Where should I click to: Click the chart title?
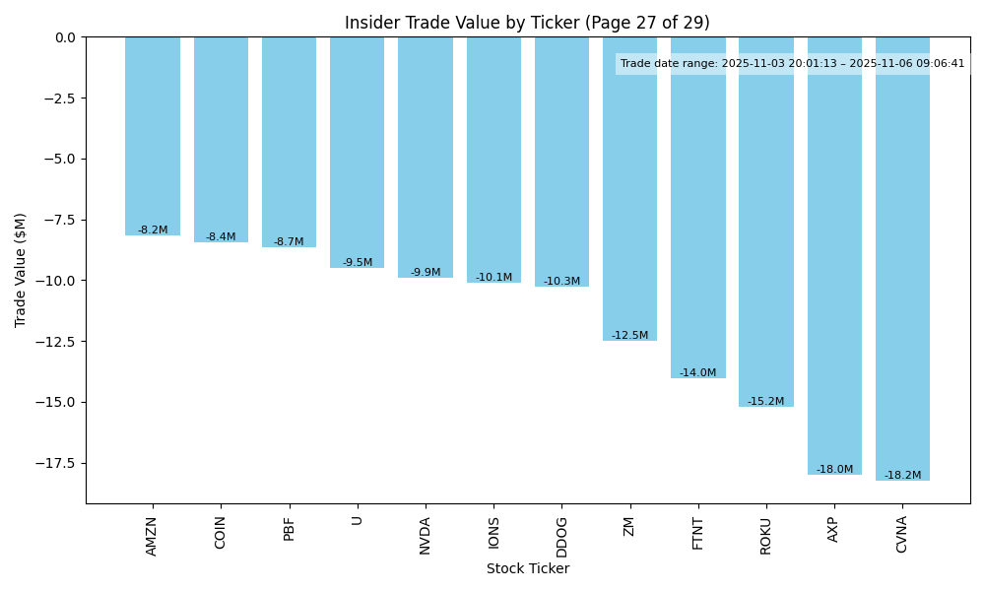[x=527, y=23]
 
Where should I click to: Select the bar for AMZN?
[x=153, y=136]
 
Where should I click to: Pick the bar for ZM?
[x=629, y=188]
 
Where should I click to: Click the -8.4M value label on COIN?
[x=221, y=237]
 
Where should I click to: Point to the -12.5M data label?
[x=629, y=336]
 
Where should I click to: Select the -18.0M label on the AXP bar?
[x=834, y=470]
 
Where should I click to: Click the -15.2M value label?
[x=765, y=402]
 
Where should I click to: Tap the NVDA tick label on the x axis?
[x=426, y=536]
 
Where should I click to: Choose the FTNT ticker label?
[x=697, y=533]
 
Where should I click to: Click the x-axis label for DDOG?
[x=561, y=536]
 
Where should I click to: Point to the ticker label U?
[x=357, y=520]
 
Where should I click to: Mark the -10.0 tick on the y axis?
[x=55, y=281]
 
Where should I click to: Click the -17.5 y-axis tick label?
[x=55, y=463]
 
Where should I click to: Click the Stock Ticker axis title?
[x=527, y=569]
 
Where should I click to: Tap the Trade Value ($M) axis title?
[x=21, y=270]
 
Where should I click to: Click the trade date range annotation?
[x=792, y=64]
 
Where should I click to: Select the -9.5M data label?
[x=358, y=263]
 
